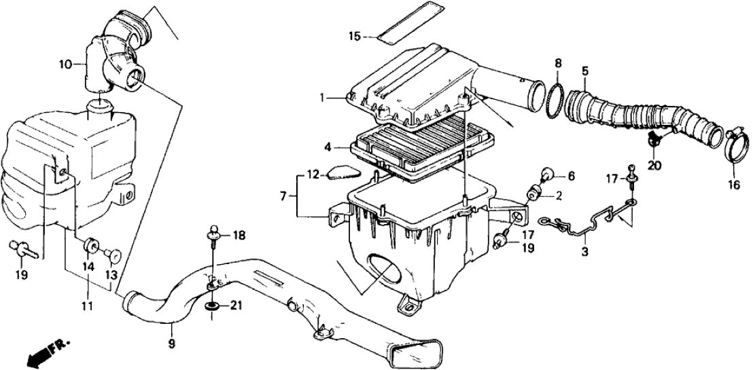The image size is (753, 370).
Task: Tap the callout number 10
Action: [65, 65]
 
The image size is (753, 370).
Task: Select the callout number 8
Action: [557, 64]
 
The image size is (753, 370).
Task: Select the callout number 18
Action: [237, 236]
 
